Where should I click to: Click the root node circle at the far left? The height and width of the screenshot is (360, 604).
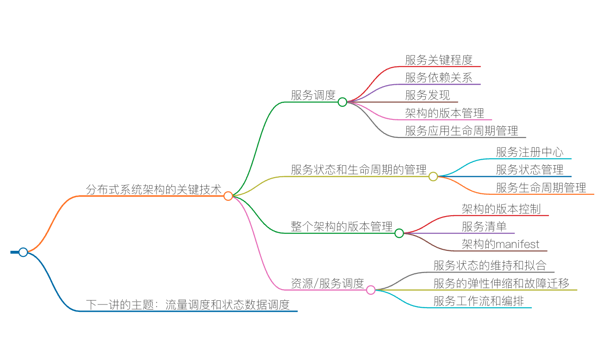[x=23, y=252]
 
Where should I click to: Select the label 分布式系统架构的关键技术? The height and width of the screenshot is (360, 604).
[x=153, y=189]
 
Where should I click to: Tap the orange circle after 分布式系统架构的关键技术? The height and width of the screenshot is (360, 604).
[x=228, y=196]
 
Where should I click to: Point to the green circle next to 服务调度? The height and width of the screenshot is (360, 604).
[x=342, y=102]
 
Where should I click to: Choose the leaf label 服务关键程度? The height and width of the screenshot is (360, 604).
[x=438, y=60]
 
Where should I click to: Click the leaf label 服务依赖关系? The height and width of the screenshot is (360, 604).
[x=438, y=77]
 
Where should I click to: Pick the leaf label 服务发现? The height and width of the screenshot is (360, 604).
[x=427, y=95]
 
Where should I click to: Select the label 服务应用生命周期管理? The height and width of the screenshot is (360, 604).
[x=461, y=131]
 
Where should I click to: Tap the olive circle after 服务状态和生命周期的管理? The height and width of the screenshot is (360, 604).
[x=433, y=176]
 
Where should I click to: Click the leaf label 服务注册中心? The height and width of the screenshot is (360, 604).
[x=529, y=152]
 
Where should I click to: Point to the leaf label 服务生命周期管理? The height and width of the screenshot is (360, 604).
[x=541, y=187]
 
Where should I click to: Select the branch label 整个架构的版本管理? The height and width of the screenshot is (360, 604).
[x=342, y=227]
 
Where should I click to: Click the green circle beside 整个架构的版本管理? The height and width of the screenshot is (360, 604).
[x=399, y=233]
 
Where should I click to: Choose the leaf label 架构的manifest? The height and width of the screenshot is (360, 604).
[x=500, y=244]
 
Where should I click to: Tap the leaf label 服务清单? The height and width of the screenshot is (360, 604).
[x=484, y=226]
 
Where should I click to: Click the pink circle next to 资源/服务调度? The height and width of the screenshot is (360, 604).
[x=371, y=290]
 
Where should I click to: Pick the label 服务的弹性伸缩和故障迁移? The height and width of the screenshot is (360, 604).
[x=501, y=283]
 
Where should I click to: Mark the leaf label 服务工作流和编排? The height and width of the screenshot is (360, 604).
[x=479, y=301]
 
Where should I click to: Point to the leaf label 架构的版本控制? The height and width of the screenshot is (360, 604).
[x=501, y=209]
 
